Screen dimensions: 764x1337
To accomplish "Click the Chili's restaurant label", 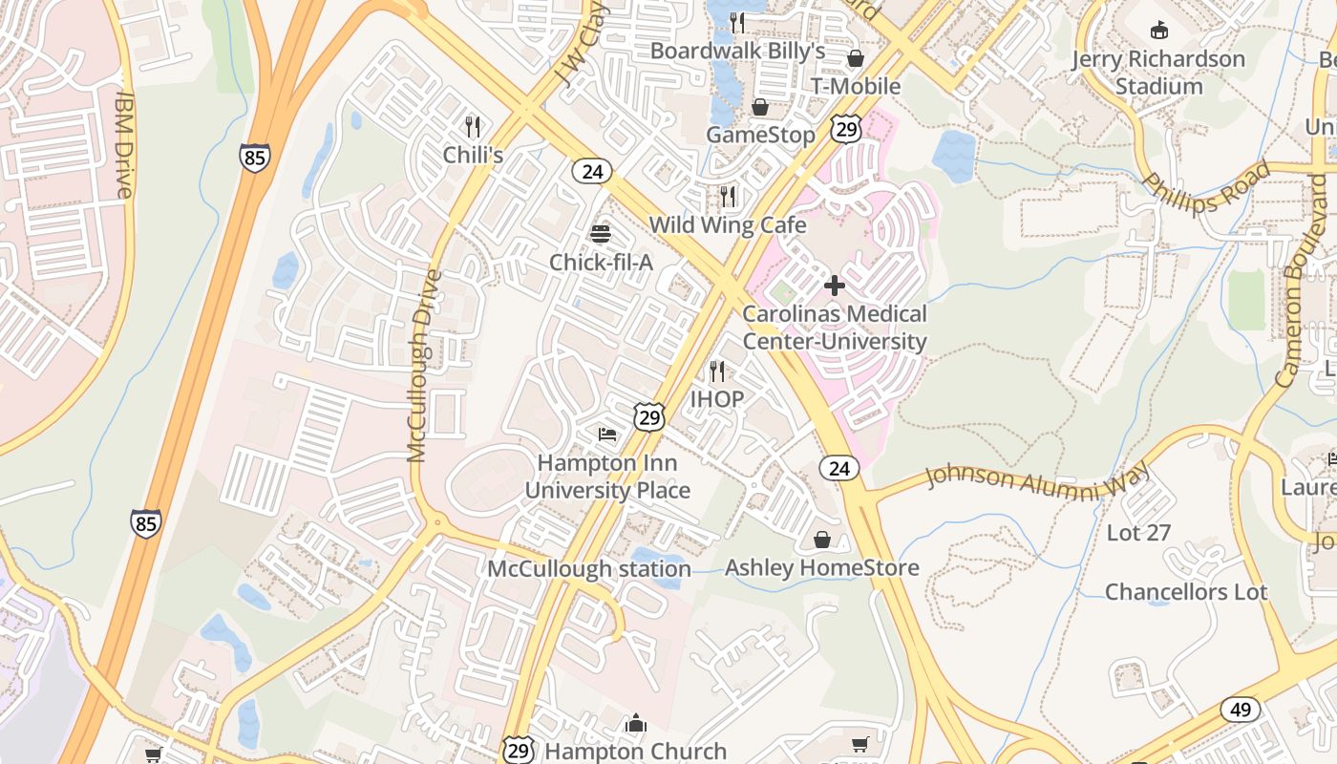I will click(x=473, y=154).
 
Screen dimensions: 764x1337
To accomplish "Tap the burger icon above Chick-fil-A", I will click(x=601, y=234).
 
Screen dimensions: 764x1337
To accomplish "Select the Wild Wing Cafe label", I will click(x=728, y=225).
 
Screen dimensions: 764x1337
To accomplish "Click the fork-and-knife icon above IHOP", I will click(x=716, y=371).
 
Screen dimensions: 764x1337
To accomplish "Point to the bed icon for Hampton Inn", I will click(x=607, y=435).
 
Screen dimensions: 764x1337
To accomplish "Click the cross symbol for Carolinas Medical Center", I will click(x=835, y=286).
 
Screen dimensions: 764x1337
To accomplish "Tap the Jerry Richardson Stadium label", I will click(x=1158, y=73).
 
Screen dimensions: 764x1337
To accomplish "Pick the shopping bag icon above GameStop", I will click(x=760, y=107).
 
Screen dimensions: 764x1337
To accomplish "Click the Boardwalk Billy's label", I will click(x=737, y=51).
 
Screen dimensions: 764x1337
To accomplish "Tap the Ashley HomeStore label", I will click(x=821, y=567).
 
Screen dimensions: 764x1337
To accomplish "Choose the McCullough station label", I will click(x=589, y=569).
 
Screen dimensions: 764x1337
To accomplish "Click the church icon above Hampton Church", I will click(x=636, y=723).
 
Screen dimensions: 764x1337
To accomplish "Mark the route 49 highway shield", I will click(x=1240, y=710).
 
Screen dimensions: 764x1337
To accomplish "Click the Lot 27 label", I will click(x=1138, y=533).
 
